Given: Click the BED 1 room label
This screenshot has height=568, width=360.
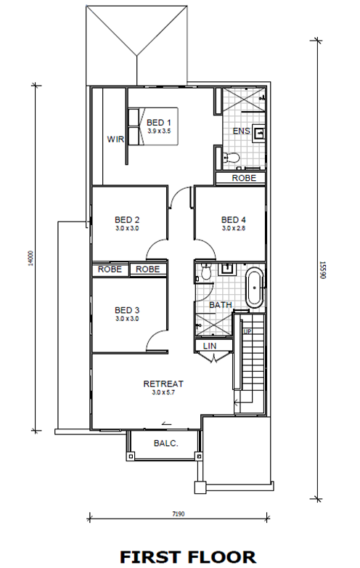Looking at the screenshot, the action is coord(158,123).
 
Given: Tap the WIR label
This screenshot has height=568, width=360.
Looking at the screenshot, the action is coord(115,139).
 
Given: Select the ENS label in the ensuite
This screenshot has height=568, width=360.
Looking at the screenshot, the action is coord(241,131).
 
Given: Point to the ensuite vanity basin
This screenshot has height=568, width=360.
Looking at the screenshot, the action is coord(260,133).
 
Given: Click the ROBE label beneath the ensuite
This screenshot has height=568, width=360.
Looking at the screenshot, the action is coord(244,178).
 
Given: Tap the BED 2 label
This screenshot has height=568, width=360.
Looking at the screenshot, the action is coord(127,219).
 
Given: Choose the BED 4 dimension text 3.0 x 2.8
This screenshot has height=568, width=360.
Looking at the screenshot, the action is coord(234,228).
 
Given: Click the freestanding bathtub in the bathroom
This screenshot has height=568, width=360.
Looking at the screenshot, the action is coord(255,288).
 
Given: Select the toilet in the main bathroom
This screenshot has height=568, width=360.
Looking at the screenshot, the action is coord(205,272).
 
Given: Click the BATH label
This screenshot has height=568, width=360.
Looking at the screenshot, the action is coord(221,305).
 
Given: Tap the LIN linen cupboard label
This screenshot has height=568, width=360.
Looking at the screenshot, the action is coord(210,346).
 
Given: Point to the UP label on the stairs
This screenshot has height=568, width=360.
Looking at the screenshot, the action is coord(247,331).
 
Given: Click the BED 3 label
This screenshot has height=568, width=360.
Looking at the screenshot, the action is coord(127,310).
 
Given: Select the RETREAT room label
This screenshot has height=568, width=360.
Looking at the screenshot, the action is coord(163,384).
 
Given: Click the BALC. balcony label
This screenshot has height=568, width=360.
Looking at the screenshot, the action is coord(166,443).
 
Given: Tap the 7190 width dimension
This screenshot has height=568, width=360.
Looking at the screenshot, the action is coord(178,514).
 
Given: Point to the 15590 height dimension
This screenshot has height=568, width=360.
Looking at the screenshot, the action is coord(323,270).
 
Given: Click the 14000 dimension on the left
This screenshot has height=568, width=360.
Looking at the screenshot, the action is coord(30,259).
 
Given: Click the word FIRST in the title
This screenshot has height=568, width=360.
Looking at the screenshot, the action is coord(151,557).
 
